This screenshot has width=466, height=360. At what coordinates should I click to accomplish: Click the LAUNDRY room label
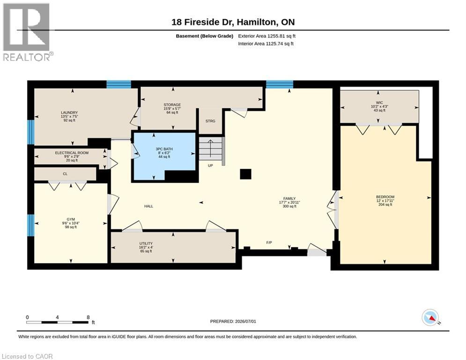click(x=69, y=112)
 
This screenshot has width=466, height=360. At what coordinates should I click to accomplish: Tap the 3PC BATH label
click(x=164, y=149)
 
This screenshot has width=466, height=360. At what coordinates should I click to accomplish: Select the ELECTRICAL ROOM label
click(x=72, y=153)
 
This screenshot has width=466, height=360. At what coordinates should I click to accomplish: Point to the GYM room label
click(x=71, y=219)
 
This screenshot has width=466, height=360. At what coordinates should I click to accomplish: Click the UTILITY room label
click(x=146, y=243)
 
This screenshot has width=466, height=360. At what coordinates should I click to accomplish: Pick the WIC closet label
click(x=379, y=103)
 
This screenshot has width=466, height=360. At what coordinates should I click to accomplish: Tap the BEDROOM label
click(x=385, y=197)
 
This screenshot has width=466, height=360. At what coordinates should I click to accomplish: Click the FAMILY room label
click(x=289, y=198)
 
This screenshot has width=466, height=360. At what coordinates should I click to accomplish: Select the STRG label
click(x=210, y=121)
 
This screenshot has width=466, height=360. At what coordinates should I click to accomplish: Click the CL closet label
click(x=65, y=174)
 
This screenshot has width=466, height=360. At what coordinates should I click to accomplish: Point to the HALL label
click(x=148, y=206)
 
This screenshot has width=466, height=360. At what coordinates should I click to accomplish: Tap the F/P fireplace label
click(x=269, y=242)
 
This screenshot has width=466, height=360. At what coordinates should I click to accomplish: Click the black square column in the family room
click(x=245, y=174)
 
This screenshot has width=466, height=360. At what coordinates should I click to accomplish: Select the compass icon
click(x=430, y=317)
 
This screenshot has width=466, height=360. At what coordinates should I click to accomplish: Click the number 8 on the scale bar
click(x=88, y=317)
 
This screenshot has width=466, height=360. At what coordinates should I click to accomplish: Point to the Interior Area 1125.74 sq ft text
click(x=266, y=44)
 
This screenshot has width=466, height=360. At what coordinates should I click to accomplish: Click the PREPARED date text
click(x=233, y=321)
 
